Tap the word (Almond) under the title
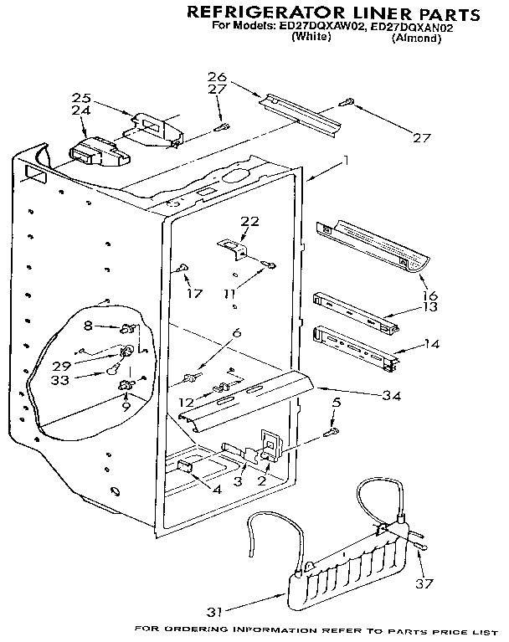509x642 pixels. coord(415,39)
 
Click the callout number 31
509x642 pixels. coord(216,613)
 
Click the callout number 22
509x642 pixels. coord(249,221)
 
